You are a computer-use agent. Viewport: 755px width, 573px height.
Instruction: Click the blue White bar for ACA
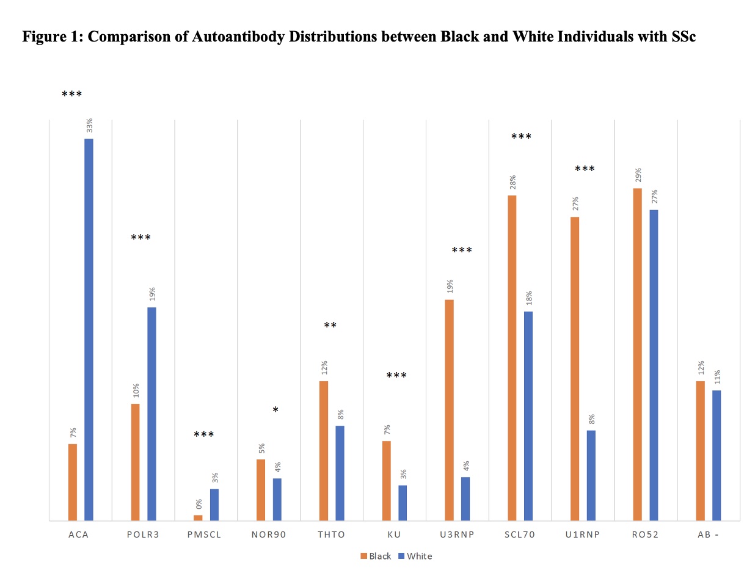pyautogui.click(x=89, y=330)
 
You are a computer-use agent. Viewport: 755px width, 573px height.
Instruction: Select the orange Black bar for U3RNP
pyautogui.click(x=449, y=410)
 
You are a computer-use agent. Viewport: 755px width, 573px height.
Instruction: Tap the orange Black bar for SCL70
pyautogui.click(x=512, y=358)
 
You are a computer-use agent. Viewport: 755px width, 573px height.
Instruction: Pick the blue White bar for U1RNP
pyautogui.click(x=591, y=475)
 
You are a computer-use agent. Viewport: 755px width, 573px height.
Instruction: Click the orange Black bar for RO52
pyautogui.click(x=637, y=354)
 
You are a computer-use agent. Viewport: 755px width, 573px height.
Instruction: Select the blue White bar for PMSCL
pyautogui.click(x=214, y=505)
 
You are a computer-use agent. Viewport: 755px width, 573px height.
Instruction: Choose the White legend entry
pyautogui.click(x=415, y=556)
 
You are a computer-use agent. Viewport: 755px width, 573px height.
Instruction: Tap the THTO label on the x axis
pyautogui.click(x=332, y=535)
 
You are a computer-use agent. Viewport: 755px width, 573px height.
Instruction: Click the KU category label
pyautogui.click(x=394, y=535)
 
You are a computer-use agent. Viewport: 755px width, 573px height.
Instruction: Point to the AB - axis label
pyautogui.click(x=708, y=535)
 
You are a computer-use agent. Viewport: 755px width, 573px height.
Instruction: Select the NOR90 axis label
pyautogui.click(x=269, y=535)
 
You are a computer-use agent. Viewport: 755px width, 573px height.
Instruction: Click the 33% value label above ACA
pyautogui.click(x=89, y=125)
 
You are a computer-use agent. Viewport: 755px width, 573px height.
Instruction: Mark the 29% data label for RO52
pyautogui.click(x=638, y=175)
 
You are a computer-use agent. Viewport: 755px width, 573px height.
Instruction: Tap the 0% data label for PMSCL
pyautogui.click(x=198, y=504)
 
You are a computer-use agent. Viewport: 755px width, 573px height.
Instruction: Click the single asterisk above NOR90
pyautogui.click(x=275, y=411)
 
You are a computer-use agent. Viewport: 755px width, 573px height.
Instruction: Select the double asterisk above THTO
pyautogui.click(x=330, y=326)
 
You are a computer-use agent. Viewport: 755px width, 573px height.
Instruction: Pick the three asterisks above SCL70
pyautogui.click(x=521, y=137)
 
